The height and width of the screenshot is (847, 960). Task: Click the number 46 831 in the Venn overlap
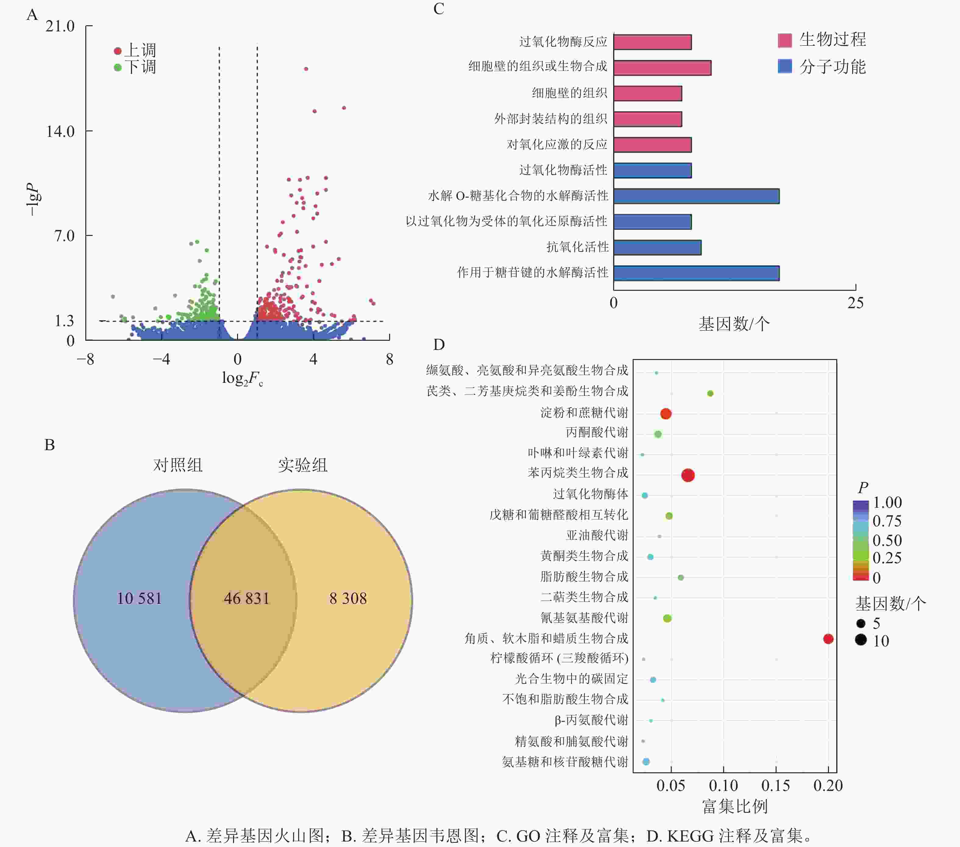pos(247,599)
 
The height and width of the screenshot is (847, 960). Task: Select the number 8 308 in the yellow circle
pos(348,599)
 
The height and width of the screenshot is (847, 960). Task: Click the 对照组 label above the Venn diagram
pos(178,465)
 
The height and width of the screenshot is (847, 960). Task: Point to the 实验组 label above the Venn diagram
pos(302,465)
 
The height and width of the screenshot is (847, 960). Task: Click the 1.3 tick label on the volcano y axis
pos(64,321)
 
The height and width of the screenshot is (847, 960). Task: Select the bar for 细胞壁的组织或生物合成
pos(662,68)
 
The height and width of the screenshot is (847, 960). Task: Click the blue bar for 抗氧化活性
pos(657,247)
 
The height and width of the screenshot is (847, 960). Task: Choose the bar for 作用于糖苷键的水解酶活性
pos(696,273)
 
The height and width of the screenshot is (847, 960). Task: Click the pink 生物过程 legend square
pos(785,41)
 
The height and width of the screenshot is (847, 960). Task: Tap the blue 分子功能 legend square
pos(785,66)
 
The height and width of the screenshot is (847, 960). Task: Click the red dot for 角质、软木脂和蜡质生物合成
pos(828,639)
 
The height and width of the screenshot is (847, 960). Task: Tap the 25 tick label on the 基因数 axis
pos(855,303)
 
